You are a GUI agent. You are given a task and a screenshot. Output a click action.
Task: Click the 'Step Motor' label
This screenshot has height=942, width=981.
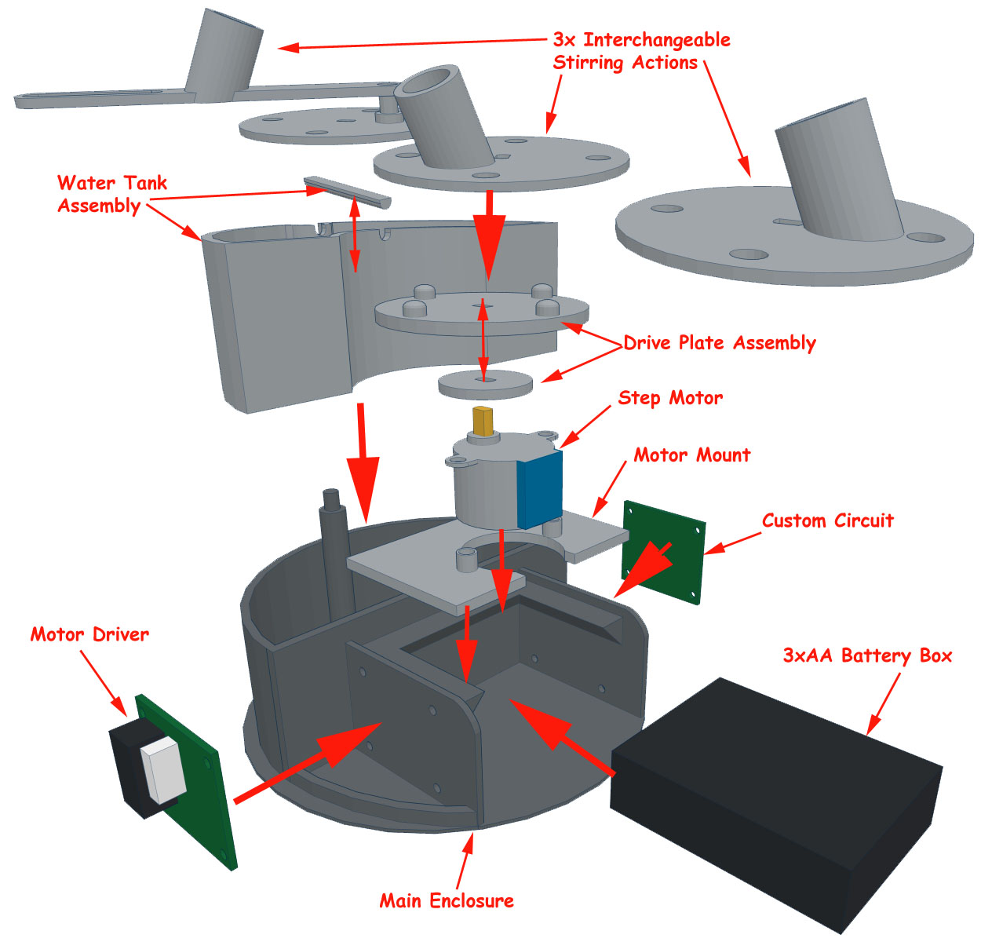point(669,398)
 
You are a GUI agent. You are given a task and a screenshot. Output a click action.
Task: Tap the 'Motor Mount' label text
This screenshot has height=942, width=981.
point(691,455)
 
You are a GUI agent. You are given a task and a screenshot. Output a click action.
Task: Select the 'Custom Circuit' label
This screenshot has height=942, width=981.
point(827,521)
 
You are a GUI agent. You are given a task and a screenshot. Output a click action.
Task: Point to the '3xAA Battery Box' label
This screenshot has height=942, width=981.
point(867,656)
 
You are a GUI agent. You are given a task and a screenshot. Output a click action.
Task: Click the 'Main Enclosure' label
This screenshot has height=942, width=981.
point(447,900)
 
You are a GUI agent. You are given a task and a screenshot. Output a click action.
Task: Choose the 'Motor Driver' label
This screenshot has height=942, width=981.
point(89,634)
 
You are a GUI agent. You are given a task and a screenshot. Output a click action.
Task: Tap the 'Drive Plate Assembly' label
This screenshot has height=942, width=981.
point(719,343)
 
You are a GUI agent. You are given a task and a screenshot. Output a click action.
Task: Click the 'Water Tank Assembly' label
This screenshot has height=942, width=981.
point(111,194)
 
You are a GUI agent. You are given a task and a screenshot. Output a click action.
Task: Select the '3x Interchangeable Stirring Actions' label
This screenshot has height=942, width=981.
point(641,51)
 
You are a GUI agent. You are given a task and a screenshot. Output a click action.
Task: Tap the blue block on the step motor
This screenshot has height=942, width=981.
point(540,488)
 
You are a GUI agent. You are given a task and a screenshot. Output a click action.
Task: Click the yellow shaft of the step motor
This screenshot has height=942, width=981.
point(483,422)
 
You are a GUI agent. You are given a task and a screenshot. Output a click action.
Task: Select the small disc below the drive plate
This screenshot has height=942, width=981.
point(485,384)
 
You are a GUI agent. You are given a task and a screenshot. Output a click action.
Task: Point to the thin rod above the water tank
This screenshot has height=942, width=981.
point(346,191)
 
